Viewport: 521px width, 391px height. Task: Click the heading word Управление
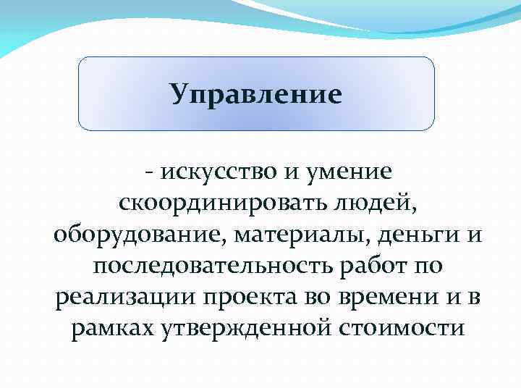(x=255, y=93)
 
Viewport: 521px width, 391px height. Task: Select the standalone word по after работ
(x=425, y=267)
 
